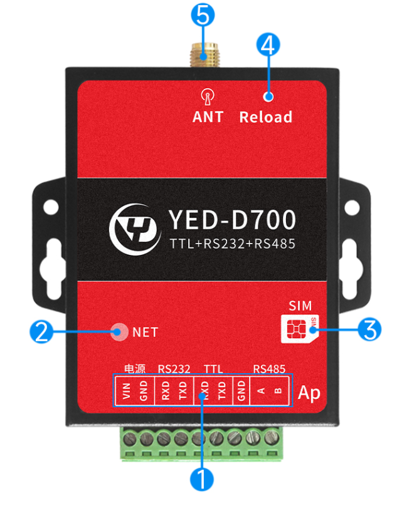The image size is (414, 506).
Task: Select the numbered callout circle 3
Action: [x=370, y=328]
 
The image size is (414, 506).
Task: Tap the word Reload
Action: [x=265, y=117]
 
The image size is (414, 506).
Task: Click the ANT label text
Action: [x=208, y=117]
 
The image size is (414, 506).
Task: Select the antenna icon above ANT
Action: [x=207, y=97]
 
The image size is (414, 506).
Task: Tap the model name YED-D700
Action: [x=231, y=220]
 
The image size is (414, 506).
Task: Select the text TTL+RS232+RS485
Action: [x=232, y=244]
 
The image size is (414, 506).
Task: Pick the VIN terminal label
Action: [x=125, y=391]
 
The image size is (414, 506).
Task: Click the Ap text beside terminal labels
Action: [x=309, y=393]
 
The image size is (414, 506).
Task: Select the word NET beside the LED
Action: [x=145, y=333]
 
